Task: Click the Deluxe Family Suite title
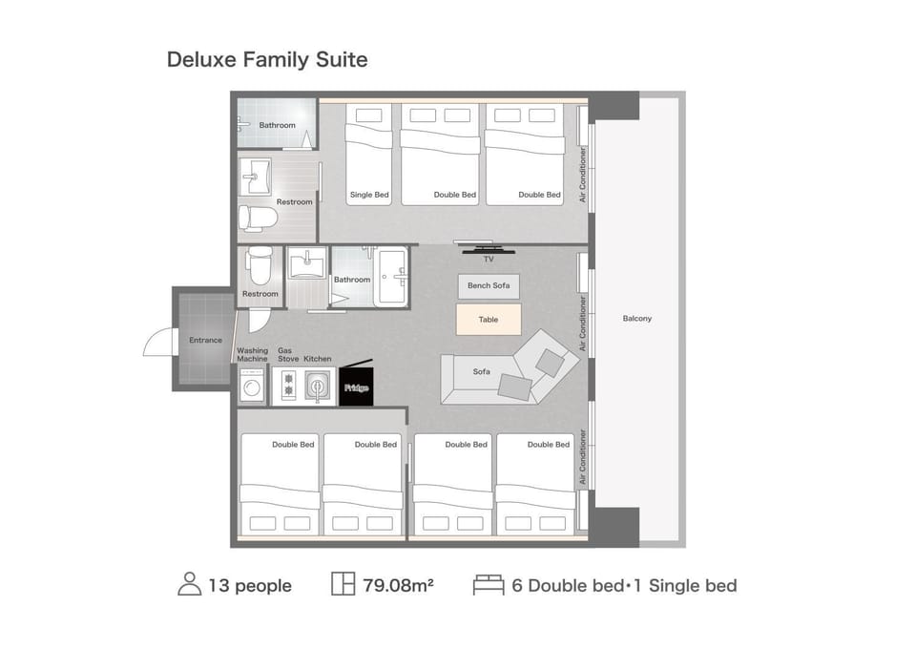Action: tap(267, 59)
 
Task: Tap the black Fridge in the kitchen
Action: tap(356, 387)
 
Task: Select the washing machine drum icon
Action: tap(252, 387)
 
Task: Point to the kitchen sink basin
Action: tap(317, 387)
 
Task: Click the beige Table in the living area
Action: tap(489, 320)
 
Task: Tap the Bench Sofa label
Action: tap(489, 285)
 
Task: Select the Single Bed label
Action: tap(369, 195)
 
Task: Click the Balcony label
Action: tap(636, 319)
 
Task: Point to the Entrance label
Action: tap(206, 340)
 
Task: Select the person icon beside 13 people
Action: tap(189, 584)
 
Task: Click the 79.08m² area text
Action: tap(398, 585)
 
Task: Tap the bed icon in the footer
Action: tap(489, 585)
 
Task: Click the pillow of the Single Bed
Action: tap(368, 115)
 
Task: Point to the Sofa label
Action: tap(481, 371)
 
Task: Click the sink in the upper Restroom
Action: tap(256, 176)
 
